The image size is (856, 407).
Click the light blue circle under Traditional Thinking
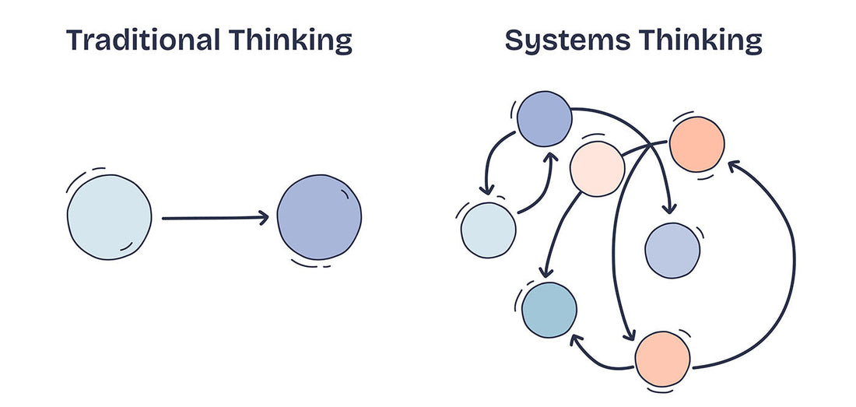109,217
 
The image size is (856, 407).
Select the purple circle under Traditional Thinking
319,217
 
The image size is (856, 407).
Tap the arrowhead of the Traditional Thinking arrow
263,218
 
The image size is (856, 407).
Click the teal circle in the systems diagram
549,310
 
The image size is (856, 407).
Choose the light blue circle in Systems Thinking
489,230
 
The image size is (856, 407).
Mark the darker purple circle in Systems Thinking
545,119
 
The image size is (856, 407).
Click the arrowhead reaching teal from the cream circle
546,274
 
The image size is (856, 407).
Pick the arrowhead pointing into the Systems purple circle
549,158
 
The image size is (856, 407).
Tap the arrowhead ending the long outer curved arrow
731,163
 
